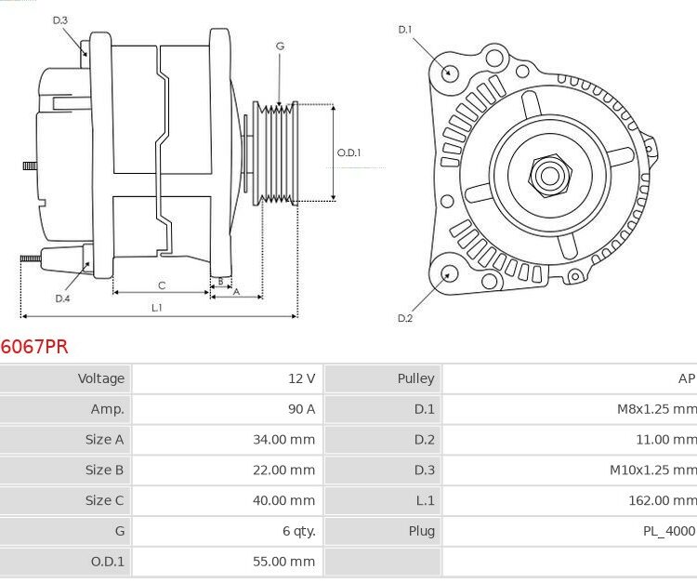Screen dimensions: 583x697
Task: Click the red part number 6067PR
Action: pos(34,347)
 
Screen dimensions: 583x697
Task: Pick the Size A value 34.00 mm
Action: pos(283,440)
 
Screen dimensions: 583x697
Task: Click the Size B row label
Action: pos(104,470)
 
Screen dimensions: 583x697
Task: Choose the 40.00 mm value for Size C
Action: pos(283,500)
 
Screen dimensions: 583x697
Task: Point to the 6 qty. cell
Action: pos(298,531)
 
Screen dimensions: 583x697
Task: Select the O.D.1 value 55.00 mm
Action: pos(283,562)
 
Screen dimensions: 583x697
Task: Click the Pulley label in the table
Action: pos(415,378)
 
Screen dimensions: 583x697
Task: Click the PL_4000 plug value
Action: pos(667,531)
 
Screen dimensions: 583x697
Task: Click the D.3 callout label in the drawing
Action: pos(59,20)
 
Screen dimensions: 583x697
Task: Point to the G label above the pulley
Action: pos(280,46)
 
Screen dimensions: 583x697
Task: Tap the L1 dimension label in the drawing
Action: pos(157,307)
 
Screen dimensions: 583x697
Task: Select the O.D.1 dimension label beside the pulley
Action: pos(349,153)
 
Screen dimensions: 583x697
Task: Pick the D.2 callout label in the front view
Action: pos(405,318)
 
